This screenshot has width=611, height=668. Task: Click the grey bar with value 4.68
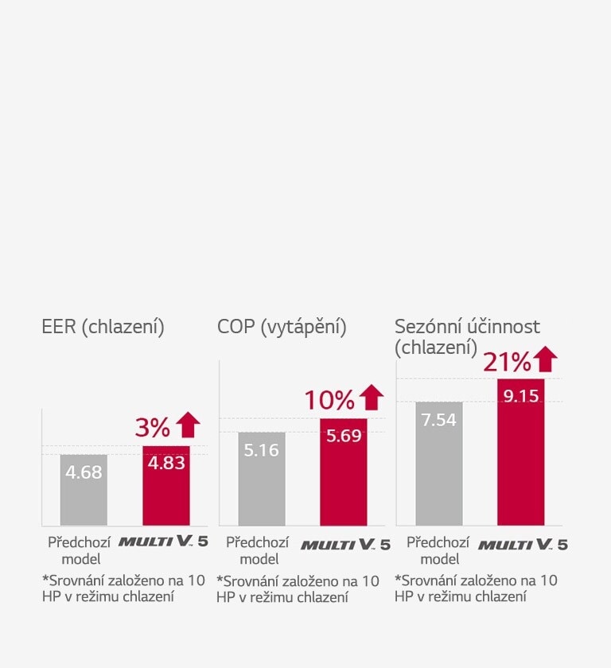coord(84,489)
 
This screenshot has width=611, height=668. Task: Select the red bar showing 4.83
coord(166,485)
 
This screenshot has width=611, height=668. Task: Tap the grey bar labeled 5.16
coord(262,479)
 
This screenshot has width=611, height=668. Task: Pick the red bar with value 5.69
coord(344,472)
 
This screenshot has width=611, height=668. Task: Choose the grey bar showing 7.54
coord(438,464)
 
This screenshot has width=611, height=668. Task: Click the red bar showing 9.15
coord(521,452)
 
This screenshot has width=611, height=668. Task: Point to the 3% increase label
coord(153,428)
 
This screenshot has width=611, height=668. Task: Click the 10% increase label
coord(329,400)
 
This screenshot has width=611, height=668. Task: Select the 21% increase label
coord(507,362)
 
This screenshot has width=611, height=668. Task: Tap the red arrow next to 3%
coord(188,425)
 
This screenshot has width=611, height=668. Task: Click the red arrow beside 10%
coord(371,398)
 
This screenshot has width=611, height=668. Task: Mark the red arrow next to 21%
coord(545,359)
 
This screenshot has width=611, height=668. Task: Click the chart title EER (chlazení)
coord(103,327)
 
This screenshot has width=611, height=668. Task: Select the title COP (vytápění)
coord(282,327)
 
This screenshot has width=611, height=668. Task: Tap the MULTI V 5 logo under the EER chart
coord(164,543)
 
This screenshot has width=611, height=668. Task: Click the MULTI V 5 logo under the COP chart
coord(345,545)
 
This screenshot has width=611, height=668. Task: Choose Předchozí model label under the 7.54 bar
coord(438,550)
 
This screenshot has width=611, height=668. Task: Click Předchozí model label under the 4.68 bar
coord(81,550)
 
